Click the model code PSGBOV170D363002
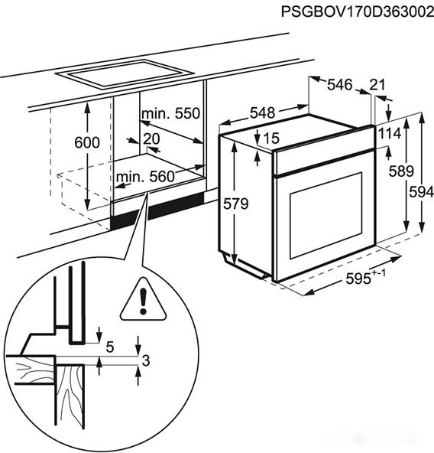coord(358,12)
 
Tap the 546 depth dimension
coord(340,85)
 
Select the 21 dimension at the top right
coord(377,85)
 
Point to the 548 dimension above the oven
coord(262,112)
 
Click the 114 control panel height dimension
coord(390,133)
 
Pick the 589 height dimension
coord(401,171)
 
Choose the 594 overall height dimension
coord(422,192)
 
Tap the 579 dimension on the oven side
coord(236,204)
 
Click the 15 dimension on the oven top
coord(271,138)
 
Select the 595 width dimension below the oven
coord(365,277)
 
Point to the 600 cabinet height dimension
coord(87,143)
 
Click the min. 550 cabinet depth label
coord(170,114)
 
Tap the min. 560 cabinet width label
coord(145,176)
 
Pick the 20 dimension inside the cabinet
coord(151,139)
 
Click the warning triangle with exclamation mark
coord(144,299)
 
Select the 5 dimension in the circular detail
coord(110,347)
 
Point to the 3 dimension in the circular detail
coord(146,360)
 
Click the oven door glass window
coord(326,215)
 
